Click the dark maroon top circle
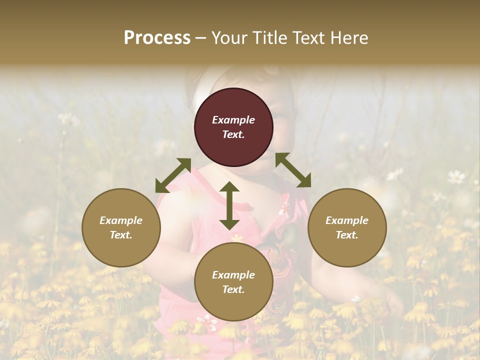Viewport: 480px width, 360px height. coord(233,127)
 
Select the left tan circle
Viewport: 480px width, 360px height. coord(121,227)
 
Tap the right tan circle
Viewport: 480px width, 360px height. coord(347,227)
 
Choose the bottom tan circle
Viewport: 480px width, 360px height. coord(233,282)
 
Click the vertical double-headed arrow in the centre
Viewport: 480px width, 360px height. coord(229,205)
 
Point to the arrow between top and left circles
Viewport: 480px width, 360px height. coord(173,175)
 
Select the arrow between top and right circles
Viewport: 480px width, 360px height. coord(293,170)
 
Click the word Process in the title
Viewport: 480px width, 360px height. coord(157,37)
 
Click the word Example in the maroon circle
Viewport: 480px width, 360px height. coord(233,120)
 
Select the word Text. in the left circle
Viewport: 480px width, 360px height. coord(121,235)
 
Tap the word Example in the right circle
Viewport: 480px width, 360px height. coord(347,220)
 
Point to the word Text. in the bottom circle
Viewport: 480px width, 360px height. coord(233,289)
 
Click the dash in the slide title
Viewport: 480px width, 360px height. coord(201,38)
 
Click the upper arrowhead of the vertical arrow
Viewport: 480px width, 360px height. coord(229,187)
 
